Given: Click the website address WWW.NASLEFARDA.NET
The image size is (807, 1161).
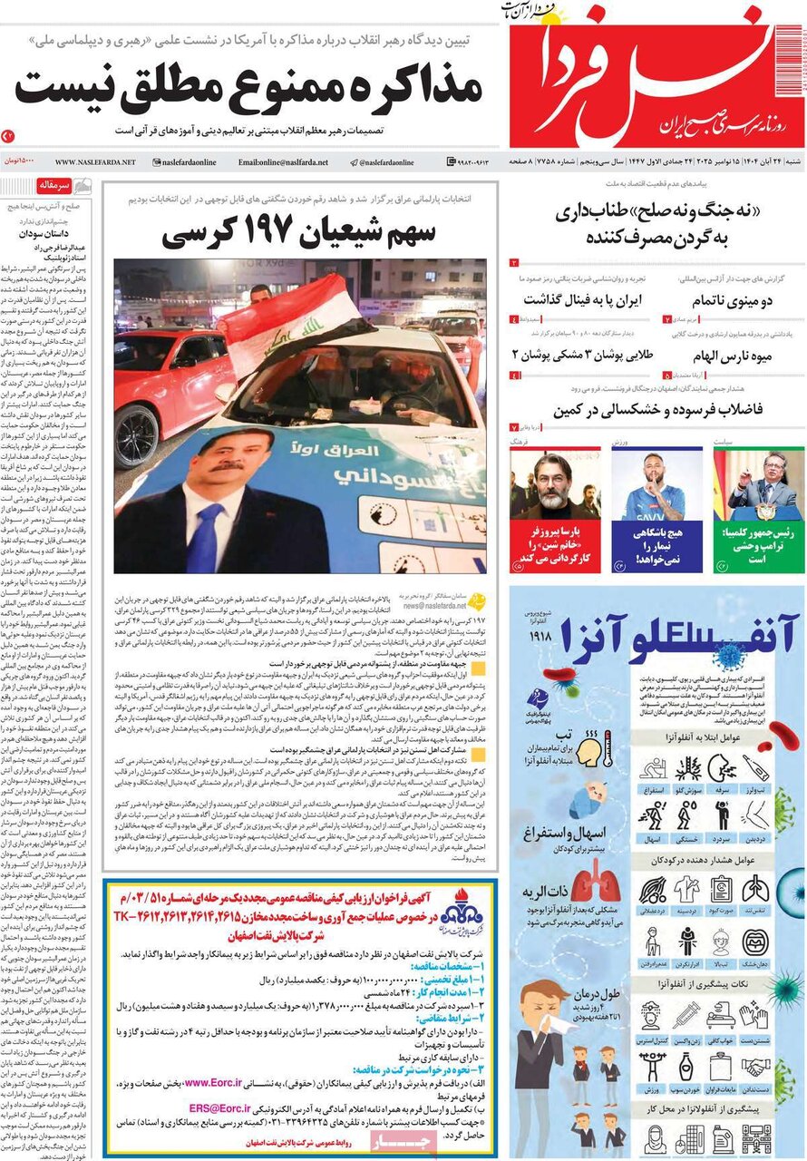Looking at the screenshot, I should pyautogui.click(x=95, y=161).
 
